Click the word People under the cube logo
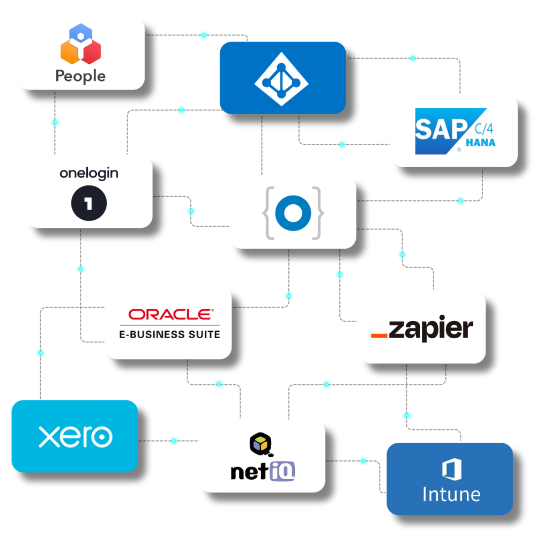tap(80, 76)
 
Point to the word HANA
tap(480, 143)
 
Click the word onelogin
tap(89, 173)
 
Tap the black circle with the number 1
tap(89, 203)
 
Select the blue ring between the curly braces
tap(293, 212)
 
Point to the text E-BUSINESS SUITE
tap(169, 334)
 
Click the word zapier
tap(431, 329)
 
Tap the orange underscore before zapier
tap(379, 336)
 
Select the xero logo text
tap(75, 436)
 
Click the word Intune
tap(451, 494)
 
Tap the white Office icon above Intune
tap(451, 469)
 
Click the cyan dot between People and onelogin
tap(55, 122)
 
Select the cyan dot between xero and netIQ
tap(174, 441)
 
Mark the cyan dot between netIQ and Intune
tap(363, 460)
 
